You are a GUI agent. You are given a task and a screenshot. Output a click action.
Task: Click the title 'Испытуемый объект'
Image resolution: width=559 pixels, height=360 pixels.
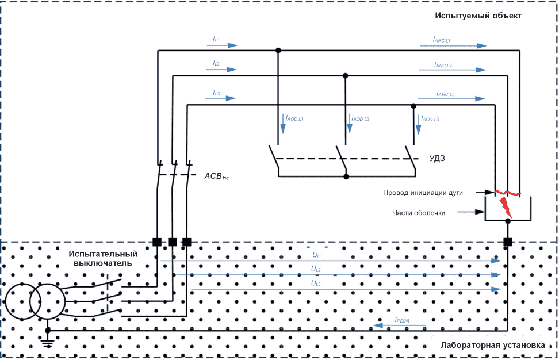click(478, 16)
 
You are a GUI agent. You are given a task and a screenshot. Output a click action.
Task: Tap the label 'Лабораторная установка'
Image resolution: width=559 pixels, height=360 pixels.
click(493, 345)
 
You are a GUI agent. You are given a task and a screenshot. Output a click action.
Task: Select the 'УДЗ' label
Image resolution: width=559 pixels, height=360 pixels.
click(437, 158)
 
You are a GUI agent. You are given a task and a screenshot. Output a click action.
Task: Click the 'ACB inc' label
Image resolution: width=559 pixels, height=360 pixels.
click(216, 176)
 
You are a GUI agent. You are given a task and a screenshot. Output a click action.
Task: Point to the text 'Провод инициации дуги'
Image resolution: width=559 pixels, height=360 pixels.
click(423, 193)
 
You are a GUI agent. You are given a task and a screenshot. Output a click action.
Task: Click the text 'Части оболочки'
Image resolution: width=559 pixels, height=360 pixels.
click(419, 213)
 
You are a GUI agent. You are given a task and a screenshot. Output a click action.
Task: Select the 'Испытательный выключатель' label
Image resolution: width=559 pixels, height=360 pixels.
click(103, 258)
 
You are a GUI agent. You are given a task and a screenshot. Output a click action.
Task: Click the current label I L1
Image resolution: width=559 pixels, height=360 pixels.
click(216, 39)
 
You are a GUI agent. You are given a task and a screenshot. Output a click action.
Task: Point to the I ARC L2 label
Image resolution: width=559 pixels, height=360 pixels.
click(443, 64)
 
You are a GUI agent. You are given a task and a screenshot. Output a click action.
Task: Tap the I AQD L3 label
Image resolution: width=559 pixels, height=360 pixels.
click(430, 118)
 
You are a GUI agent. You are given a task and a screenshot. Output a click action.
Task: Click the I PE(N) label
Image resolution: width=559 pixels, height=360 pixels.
click(402, 320)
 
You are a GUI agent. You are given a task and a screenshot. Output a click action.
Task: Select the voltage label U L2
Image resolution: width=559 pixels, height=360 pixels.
click(316, 270)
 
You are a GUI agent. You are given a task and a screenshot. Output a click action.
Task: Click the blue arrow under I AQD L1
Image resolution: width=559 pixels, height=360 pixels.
click(283, 124)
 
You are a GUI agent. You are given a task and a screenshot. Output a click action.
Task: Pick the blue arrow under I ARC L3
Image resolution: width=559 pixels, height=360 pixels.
click(451, 98)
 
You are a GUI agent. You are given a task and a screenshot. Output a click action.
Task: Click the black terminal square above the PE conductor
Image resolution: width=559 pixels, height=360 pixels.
click(508, 242)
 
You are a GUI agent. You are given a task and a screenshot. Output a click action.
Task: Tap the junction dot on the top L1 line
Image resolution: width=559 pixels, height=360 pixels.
click(278, 51)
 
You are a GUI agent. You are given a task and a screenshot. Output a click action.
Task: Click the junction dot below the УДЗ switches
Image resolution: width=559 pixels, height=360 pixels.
click(346, 177)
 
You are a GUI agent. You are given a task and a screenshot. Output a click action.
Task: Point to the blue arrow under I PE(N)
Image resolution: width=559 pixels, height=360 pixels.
click(399, 325)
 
